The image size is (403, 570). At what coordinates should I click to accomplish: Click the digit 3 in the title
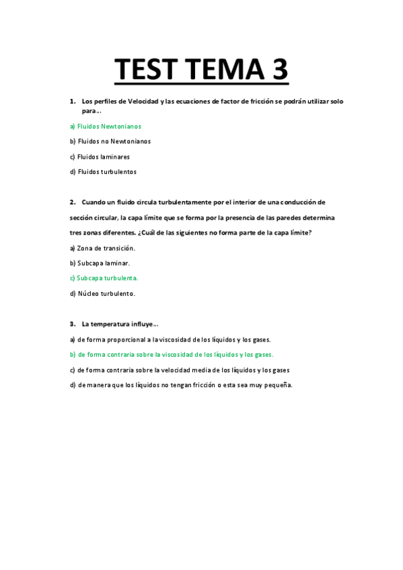click(x=277, y=69)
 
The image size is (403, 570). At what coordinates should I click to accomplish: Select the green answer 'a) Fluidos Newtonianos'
click(x=106, y=126)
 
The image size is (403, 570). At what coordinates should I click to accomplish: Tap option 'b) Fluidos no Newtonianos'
click(x=110, y=141)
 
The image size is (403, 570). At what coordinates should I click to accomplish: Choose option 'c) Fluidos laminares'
click(x=100, y=157)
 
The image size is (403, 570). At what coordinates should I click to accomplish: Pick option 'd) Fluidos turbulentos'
click(x=103, y=171)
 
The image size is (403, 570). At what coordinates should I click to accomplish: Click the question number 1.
click(x=72, y=101)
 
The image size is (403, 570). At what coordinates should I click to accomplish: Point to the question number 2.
click(x=72, y=202)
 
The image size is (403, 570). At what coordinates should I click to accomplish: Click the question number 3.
click(x=72, y=324)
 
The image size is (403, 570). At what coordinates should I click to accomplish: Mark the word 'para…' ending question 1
click(x=91, y=111)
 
